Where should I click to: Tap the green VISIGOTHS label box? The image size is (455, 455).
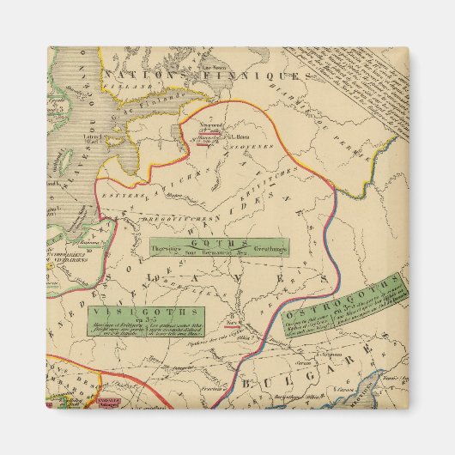(x=145, y=319)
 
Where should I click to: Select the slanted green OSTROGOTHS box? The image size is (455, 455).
(x=352, y=307)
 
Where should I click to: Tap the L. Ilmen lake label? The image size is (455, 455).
(x=229, y=134)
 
